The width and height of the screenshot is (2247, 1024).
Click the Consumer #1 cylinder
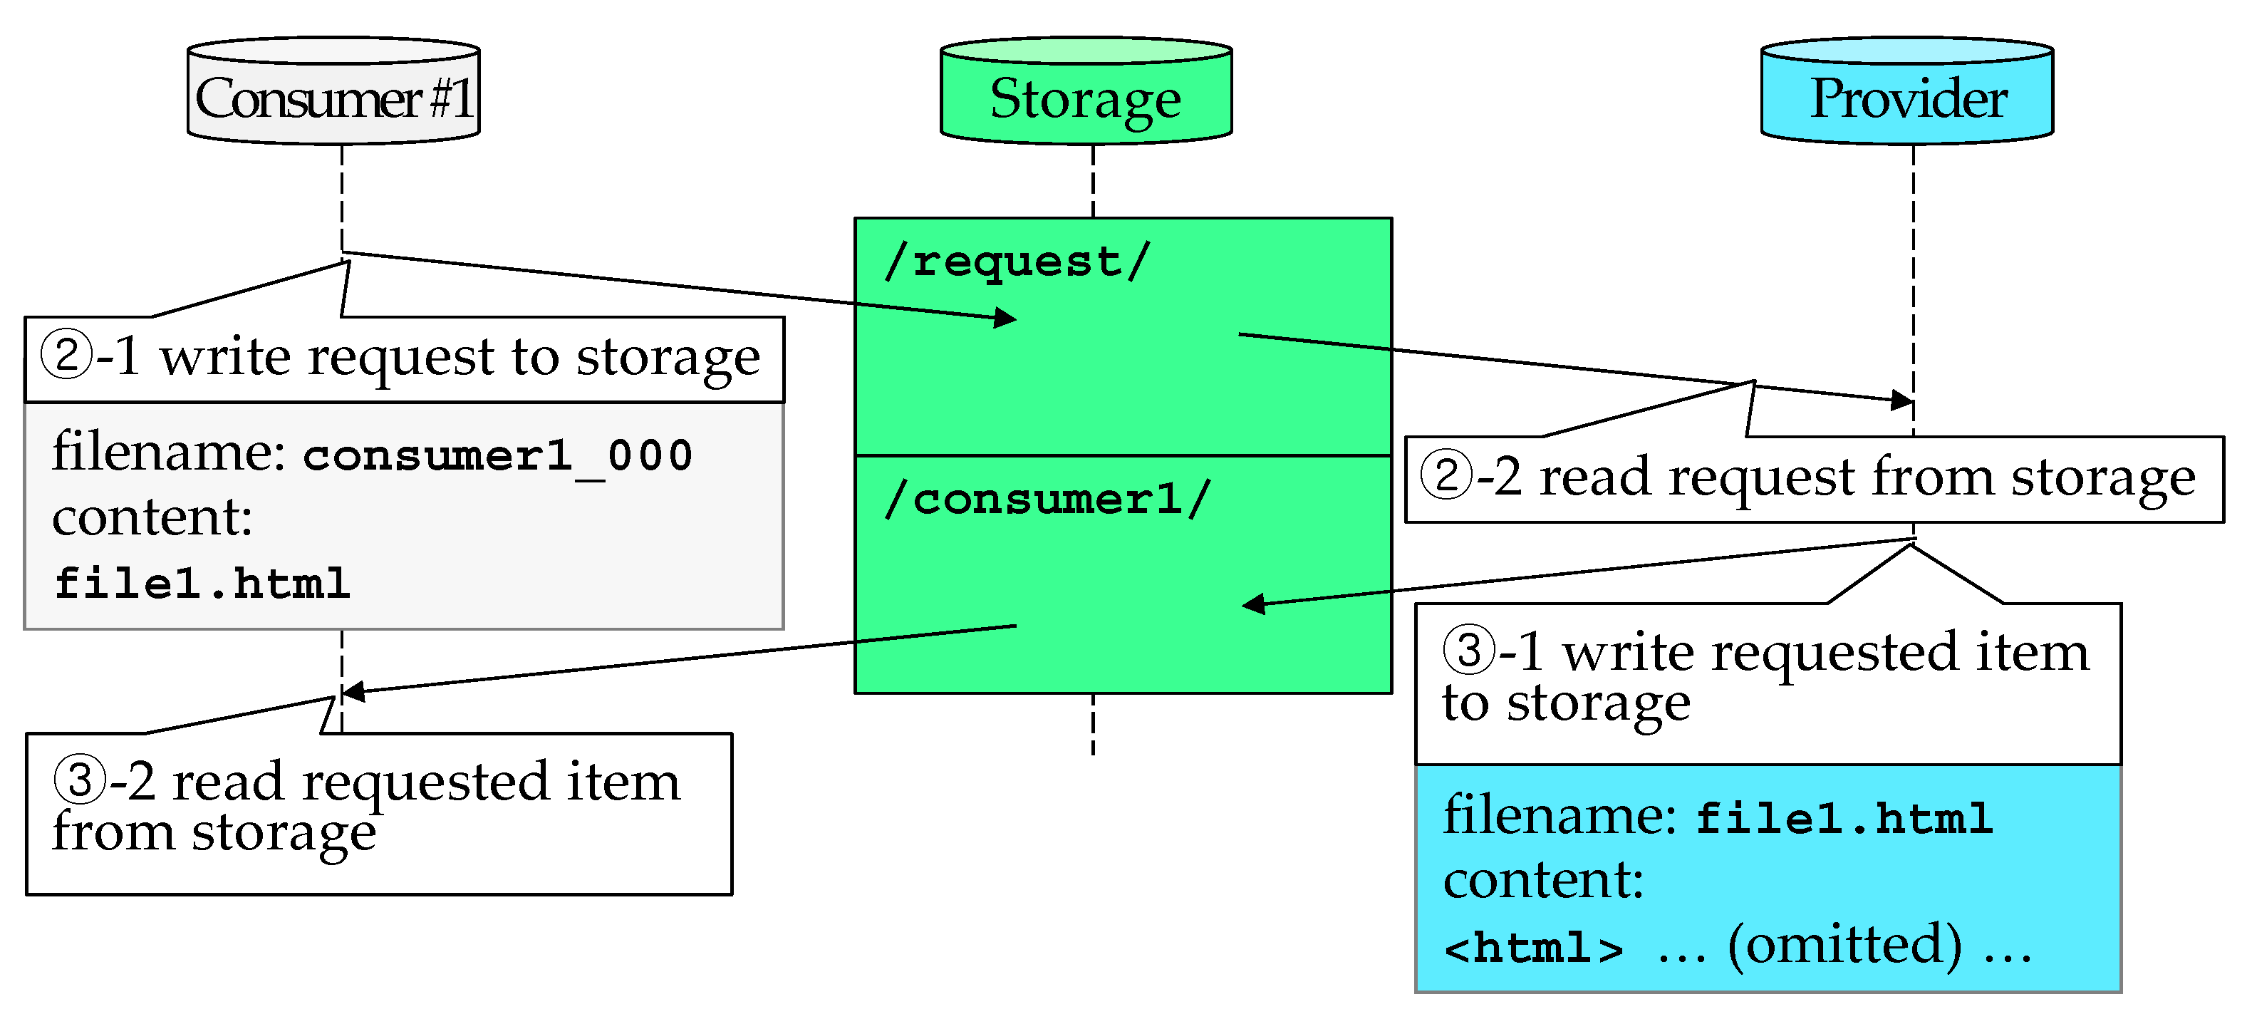click(x=333, y=90)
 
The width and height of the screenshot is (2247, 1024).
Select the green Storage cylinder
click(x=1086, y=90)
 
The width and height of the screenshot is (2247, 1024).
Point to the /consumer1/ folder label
click(x=1047, y=499)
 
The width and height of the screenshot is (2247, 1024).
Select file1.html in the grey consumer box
click(x=202, y=583)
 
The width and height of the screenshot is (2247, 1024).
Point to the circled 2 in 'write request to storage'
click(x=67, y=355)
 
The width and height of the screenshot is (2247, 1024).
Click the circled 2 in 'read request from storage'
click(x=1446, y=475)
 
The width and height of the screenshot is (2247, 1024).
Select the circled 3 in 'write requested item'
click(x=1469, y=650)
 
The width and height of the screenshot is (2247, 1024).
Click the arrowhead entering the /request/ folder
click(x=1007, y=318)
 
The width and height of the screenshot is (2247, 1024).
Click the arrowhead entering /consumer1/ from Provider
click(x=1253, y=604)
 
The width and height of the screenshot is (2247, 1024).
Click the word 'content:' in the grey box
click(x=152, y=517)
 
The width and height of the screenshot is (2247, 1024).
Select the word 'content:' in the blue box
click(x=1543, y=880)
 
